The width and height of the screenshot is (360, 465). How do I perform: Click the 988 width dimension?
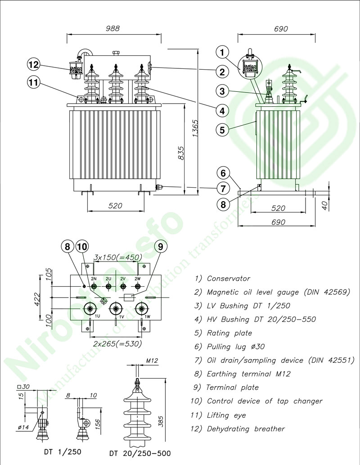(112, 28)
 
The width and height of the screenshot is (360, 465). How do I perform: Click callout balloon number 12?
(34, 64)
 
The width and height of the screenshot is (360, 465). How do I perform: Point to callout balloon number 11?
(34, 82)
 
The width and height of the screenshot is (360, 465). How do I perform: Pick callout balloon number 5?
(222, 130)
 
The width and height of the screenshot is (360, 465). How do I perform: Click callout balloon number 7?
(222, 188)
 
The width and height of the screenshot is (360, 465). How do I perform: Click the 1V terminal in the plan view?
(117, 309)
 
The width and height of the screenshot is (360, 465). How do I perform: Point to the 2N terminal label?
(94, 279)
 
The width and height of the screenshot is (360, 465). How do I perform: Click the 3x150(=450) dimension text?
(117, 257)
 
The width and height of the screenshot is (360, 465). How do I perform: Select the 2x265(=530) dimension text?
(117, 343)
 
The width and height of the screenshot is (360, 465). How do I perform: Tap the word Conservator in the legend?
(228, 279)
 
